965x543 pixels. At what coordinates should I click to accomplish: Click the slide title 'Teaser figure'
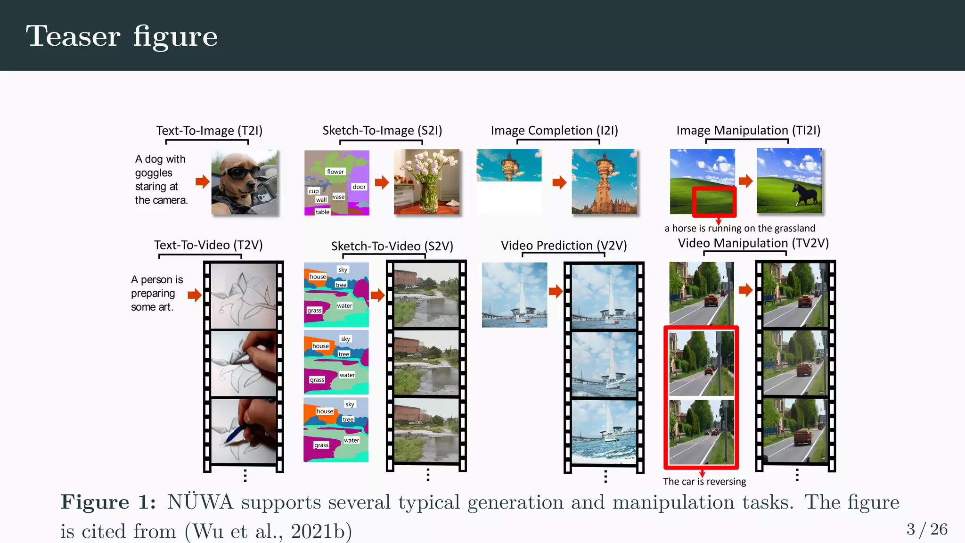pyautogui.click(x=122, y=36)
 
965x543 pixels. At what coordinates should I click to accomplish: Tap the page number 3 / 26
pyautogui.click(x=926, y=529)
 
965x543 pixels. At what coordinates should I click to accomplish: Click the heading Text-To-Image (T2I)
pyautogui.click(x=209, y=131)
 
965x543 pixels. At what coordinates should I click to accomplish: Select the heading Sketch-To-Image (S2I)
pyautogui.click(x=382, y=131)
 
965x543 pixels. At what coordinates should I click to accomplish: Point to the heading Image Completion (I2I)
pyautogui.click(x=554, y=131)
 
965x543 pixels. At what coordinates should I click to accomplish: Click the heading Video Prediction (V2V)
pyautogui.click(x=564, y=246)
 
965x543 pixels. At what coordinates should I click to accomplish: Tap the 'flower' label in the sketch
pyautogui.click(x=335, y=172)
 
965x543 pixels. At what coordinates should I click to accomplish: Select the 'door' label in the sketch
pyautogui.click(x=359, y=187)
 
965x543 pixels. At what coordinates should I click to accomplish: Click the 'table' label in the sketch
pyautogui.click(x=322, y=212)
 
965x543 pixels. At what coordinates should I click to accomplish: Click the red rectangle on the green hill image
pyautogui.click(x=714, y=202)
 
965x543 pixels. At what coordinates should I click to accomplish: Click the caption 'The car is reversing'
pyautogui.click(x=704, y=482)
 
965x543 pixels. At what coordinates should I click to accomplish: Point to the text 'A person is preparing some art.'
pyautogui.click(x=156, y=293)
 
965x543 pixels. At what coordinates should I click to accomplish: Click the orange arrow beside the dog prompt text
pyautogui.click(x=202, y=181)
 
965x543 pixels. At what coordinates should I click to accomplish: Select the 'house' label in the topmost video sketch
pyautogui.click(x=318, y=277)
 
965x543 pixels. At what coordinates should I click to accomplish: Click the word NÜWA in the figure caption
pyautogui.click(x=200, y=502)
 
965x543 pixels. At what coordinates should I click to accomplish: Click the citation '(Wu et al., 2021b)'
pyautogui.click(x=268, y=531)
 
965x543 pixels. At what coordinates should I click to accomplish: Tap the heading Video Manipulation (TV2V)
pyautogui.click(x=753, y=243)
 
